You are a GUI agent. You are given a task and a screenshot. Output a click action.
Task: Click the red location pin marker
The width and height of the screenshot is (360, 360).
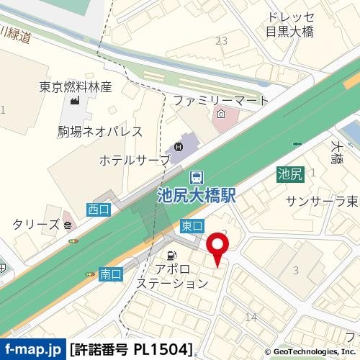[218, 248]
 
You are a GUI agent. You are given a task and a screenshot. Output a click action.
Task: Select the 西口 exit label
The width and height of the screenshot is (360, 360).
[97, 209]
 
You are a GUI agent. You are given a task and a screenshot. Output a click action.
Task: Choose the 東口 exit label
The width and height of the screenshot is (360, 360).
[192, 224]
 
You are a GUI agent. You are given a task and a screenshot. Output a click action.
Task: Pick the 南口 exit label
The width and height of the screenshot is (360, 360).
[110, 274]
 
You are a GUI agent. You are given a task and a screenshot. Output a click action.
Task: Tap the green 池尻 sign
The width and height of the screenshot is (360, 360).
[290, 173]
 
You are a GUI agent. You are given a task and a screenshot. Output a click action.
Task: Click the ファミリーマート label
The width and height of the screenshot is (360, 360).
[220, 100]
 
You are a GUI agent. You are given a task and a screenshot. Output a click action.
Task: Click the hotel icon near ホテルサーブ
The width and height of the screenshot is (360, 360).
[179, 148]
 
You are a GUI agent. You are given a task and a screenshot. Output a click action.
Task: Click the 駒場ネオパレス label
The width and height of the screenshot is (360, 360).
[100, 132]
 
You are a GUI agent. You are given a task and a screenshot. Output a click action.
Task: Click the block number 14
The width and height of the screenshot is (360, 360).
[251, 317]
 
